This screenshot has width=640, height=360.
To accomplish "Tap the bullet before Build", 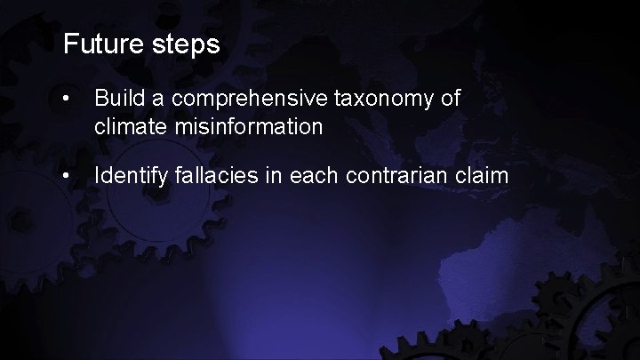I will click(69, 98).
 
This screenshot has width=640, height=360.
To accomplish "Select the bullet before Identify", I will click(69, 175).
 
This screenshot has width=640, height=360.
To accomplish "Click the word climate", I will click(124, 127).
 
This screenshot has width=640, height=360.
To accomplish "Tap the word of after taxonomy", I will click(450, 98).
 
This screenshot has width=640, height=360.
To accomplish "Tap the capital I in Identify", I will click(97, 175).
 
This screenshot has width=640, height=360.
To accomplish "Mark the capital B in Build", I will click(100, 98).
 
